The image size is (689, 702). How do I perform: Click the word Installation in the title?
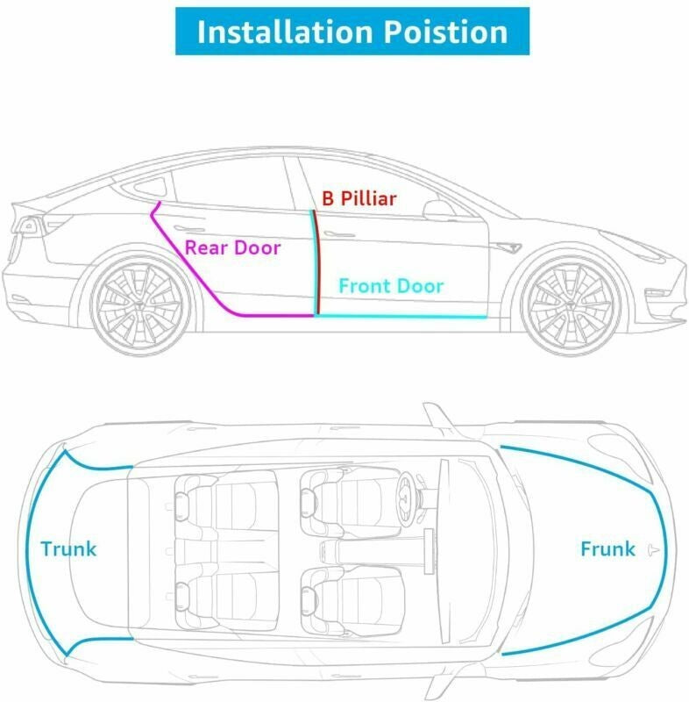[x=285, y=32]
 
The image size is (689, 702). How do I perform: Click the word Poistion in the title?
[x=446, y=32]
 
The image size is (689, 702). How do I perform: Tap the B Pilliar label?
[x=359, y=199]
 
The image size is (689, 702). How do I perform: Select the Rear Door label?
[x=232, y=247]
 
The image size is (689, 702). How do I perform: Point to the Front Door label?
[x=391, y=286]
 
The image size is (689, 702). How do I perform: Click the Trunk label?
[x=68, y=549]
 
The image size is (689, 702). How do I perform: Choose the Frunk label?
[x=607, y=549]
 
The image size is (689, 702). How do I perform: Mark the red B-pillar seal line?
[x=316, y=261]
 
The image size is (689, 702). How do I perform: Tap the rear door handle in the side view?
[x=189, y=228]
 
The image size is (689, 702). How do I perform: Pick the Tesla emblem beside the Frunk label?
[x=653, y=550]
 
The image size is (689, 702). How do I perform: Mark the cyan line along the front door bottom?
[x=401, y=317]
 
